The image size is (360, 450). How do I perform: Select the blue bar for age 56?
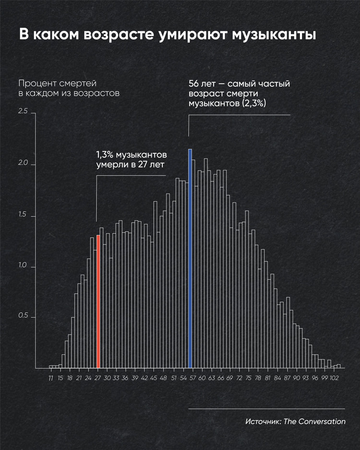point(190,259)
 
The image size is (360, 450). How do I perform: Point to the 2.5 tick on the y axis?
point(23,112)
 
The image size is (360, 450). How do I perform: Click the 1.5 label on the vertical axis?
point(23,216)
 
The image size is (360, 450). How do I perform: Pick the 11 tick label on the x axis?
point(51,378)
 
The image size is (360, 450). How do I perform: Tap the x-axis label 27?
point(98,378)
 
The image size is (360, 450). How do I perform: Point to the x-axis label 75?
point(249,378)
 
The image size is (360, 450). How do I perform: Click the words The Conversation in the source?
point(314,422)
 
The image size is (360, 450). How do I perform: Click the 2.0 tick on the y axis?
point(23,165)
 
